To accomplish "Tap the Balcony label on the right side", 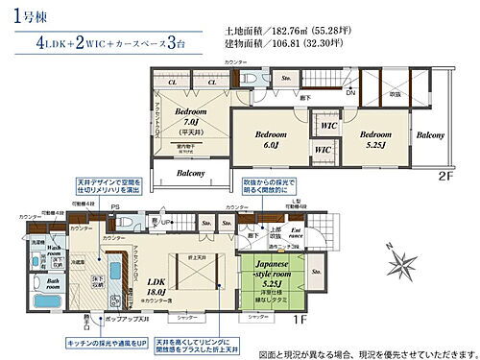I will [x=430, y=135].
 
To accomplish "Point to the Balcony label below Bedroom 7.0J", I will [x=188, y=173].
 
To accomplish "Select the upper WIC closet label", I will [x=327, y=125].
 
